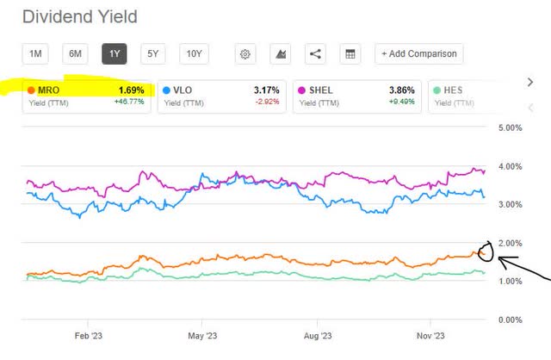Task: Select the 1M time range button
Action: coord(35,54)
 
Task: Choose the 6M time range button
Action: coord(75,54)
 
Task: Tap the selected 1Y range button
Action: coord(114,54)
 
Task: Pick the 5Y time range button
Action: coord(152,54)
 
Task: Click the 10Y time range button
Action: coord(194,54)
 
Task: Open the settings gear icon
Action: coord(245,54)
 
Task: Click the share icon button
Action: coord(315,54)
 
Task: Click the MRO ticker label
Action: coord(49,90)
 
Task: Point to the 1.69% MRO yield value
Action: coord(130,90)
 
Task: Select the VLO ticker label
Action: coord(183,90)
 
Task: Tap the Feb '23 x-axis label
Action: coord(89,338)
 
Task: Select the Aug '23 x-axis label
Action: coord(319,338)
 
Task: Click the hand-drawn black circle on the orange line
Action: coord(485,251)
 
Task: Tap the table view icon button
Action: coord(350,54)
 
